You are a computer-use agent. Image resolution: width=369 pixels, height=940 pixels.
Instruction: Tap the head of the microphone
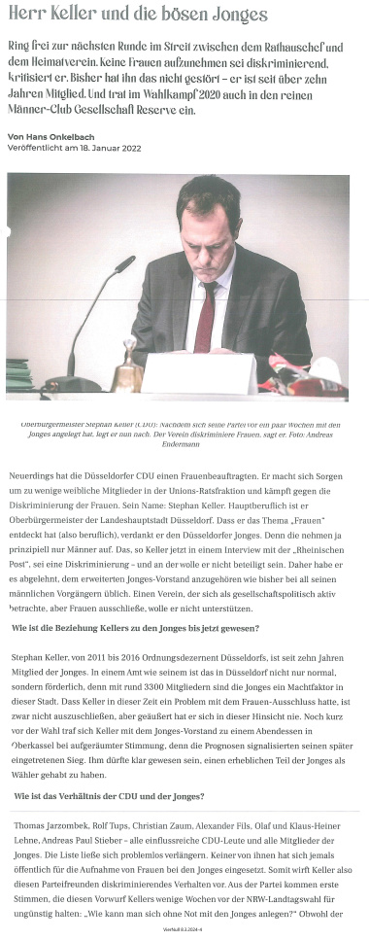pyautogui.click(x=125, y=264)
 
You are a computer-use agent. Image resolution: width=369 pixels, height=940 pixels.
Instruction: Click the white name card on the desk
pyautogui.click(x=199, y=373)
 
